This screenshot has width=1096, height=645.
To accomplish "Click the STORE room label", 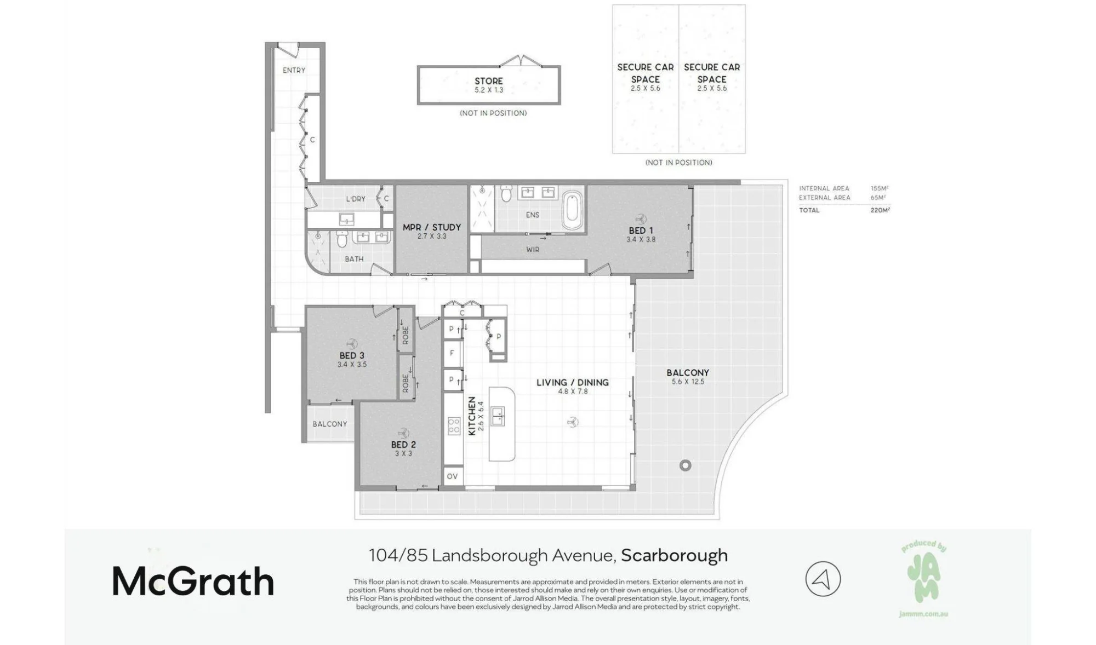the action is (x=489, y=81).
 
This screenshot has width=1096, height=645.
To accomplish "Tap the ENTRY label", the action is (x=294, y=70).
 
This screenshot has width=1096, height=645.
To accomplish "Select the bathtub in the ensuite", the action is (x=573, y=211).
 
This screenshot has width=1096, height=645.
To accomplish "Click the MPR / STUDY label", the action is (x=432, y=227).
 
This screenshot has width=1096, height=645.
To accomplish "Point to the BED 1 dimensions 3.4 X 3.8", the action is (x=641, y=239).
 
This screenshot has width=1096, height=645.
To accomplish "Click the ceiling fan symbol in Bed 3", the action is (x=351, y=343).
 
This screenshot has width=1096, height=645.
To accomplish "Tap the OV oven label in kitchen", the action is (x=452, y=476).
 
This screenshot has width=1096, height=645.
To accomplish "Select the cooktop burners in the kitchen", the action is (x=454, y=425).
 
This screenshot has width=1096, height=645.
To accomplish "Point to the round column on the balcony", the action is (x=685, y=465).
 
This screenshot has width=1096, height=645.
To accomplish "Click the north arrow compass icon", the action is (x=823, y=579).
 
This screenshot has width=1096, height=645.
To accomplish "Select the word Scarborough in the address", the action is (x=674, y=555).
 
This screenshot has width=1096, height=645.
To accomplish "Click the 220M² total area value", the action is (x=880, y=210).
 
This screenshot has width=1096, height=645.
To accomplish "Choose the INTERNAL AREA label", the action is (x=824, y=188).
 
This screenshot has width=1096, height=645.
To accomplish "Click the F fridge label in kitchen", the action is (x=452, y=353).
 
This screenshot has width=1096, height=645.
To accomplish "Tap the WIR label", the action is (x=533, y=250).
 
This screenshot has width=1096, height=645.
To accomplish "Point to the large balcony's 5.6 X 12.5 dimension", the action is (x=688, y=382).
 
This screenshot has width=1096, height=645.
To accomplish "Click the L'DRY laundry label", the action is (x=356, y=199).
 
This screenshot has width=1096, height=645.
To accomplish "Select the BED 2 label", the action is (x=403, y=445).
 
